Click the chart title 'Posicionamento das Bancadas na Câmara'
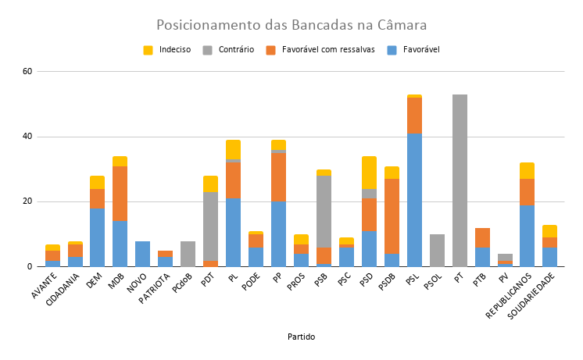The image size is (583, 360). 291,24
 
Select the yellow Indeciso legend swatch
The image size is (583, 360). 148,50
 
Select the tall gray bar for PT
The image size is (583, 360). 460,180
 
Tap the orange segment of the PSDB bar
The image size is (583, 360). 392,216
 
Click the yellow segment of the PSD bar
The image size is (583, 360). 369,173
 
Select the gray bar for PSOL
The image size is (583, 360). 437,251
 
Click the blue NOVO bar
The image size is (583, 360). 142,254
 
